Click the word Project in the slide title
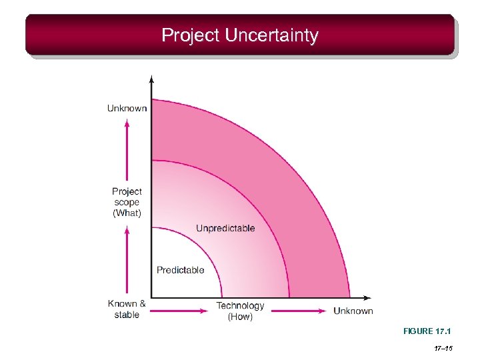(190, 35)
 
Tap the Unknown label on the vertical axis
(127, 108)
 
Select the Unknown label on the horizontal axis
(353, 311)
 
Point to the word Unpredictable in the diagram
(225, 228)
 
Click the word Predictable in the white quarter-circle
(180, 270)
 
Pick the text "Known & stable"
(127, 309)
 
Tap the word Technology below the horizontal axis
(240, 306)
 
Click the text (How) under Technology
(240, 317)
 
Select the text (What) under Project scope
(127, 213)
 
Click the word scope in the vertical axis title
(127, 202)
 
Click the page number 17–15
(443, 349)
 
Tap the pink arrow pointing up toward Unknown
(127, 150)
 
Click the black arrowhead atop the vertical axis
(152, 79)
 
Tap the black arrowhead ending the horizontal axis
(368, 298)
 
